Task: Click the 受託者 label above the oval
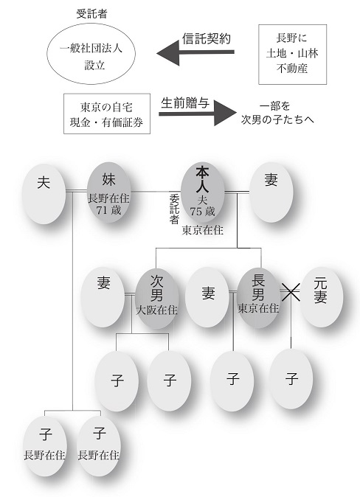[x=91, y=14]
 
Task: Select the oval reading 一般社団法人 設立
[x=91, y=54]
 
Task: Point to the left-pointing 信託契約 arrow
[x=195, y=52]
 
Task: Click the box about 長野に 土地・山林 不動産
[x=292, y=55]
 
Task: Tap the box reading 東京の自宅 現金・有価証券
[x=107, y=114]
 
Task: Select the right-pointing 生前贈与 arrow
[x=198, y=113]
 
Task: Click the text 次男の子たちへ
[x=277, y=119]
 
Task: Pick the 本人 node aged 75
[x=202, y=192]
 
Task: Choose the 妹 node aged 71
[x=108, y=192]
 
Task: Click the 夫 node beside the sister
[x=44, y=194]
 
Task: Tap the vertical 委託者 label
[x=174, y=209]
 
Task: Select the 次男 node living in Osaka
[x=156, y=298]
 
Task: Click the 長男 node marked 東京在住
[x=258, y=298]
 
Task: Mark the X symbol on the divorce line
[x=291, y=291]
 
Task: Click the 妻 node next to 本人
[x=271, y=192]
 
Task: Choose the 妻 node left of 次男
[x=103, y=297]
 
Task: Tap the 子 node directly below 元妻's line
[x=291, y=379]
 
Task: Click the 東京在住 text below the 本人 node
[x=203, y=230]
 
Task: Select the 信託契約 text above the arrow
[x=207, y=38]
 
